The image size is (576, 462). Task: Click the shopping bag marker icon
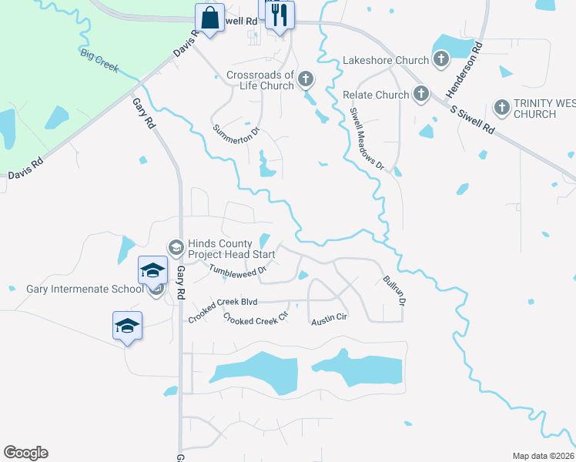209,16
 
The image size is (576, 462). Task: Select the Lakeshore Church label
385,60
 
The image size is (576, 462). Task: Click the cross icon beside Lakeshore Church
441,59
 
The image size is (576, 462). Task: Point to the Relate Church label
376,95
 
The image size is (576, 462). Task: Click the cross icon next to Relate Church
420,94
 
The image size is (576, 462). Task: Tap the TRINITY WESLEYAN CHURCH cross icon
501,108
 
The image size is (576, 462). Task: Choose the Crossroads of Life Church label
260,81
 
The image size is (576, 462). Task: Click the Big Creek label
99,60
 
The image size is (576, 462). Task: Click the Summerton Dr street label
236,138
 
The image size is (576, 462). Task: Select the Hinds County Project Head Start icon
176,247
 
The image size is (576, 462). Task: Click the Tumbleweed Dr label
237,269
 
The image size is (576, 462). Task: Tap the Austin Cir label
330,317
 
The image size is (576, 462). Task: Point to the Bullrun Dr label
393,291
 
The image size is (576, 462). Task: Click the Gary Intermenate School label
85,290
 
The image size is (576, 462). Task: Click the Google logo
26,453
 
